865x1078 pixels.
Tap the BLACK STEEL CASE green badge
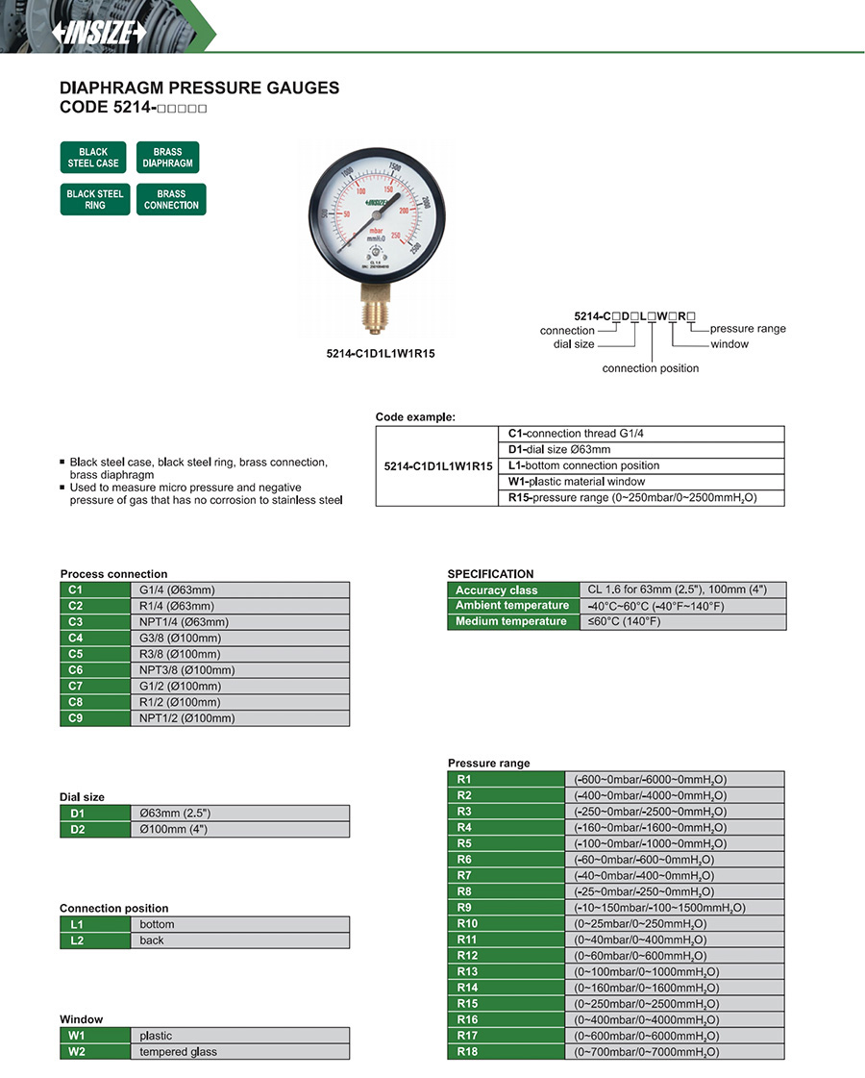click(x=94, y=158)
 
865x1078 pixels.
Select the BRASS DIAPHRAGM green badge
click(x=168, y=158)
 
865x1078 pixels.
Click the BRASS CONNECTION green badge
click(x=171, y=200)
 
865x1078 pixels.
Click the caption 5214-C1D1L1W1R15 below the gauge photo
click(x=381, y=353)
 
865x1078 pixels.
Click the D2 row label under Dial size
click(x=95, y=830)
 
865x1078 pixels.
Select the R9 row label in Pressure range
click(x=506, y=908)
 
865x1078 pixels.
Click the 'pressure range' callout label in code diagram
click(x=748, y=329)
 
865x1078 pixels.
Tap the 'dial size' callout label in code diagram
click(x=574, y=344)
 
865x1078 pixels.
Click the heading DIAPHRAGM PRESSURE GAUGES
click(x=200, y=88)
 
